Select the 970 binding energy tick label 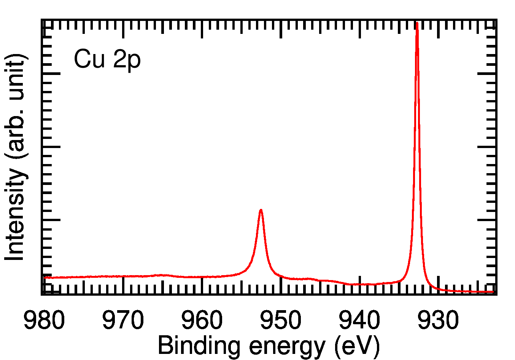123,320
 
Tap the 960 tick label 202,320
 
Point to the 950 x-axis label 281,320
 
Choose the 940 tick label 359,320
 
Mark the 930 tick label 438,320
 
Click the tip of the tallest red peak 417,24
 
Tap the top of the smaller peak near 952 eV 261,210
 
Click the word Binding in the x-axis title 199,346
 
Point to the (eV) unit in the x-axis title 357,346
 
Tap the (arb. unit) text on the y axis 16,107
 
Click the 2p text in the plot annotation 127,60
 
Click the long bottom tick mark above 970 123,285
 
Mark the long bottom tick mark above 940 359,285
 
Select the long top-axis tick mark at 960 202,29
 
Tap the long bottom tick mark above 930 438,285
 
